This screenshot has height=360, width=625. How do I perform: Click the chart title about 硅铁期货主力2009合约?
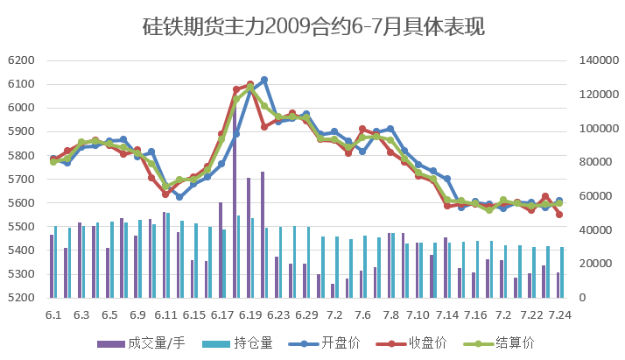coord(312,27)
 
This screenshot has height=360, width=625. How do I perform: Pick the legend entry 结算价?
coord(511,342)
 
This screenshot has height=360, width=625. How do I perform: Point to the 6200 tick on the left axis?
coord(20,60)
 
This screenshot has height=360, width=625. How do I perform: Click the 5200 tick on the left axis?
coord(20,298)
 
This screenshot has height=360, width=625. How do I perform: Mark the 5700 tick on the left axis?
coord(20,180)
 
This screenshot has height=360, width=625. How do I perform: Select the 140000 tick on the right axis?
coord(599,60)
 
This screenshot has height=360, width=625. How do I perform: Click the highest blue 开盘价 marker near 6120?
coord(264,80)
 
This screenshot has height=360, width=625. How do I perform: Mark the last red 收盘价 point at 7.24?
coord(559,215)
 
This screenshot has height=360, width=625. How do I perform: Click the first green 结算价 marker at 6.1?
coord(53,162)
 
